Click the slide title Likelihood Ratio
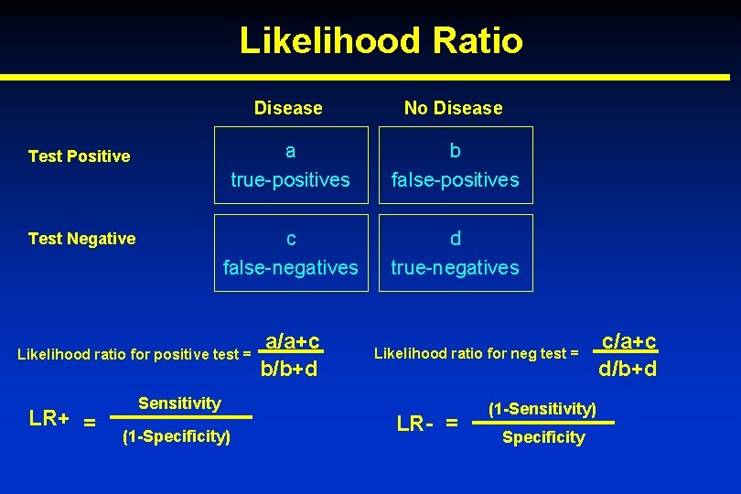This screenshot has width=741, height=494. click(381, 40)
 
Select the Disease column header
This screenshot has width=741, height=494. click(288, 108)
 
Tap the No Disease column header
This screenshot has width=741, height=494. click(454, 108)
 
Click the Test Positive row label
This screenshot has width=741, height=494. click(80, 156)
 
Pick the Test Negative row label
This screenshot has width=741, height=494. click(82, 239)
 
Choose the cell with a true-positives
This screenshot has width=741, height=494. click(291, 166)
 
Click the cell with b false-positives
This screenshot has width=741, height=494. click(455, 166)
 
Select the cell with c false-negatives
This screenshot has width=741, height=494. click(291, 252)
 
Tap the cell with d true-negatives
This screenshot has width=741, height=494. click(455, 252)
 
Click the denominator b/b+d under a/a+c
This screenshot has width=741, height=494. click(289, 370)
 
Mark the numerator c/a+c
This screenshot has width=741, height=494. click(628, 341)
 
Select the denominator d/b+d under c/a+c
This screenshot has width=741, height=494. click(628, 370)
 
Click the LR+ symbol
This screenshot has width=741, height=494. click(49, 419)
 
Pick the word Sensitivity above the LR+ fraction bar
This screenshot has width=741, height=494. click(179, 403)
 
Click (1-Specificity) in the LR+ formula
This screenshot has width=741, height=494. click(176, 436)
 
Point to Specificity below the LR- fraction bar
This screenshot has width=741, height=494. click(543, 437)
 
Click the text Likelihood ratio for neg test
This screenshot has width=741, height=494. click(476, 353)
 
